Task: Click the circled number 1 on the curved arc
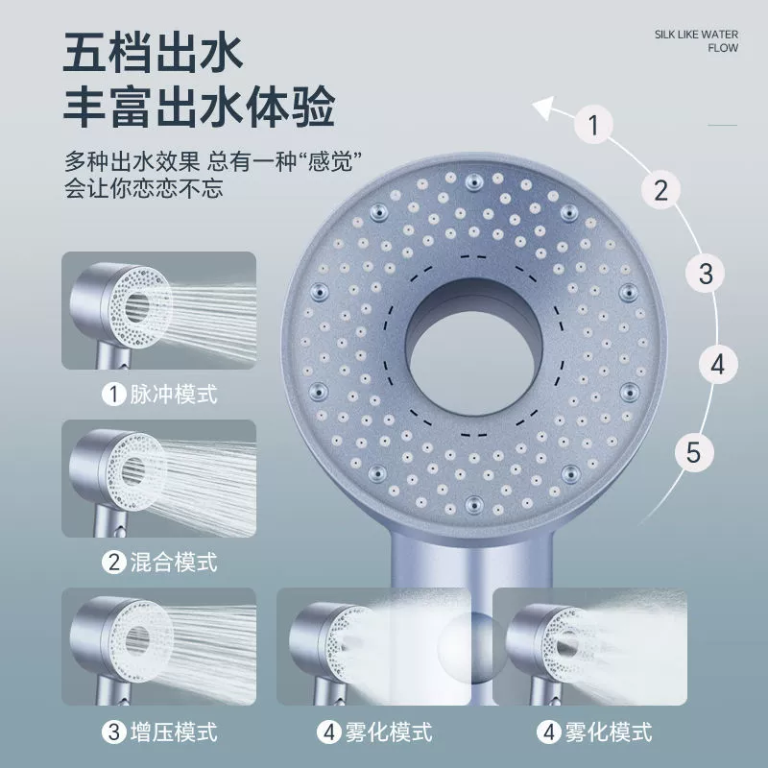[x=593, y=125]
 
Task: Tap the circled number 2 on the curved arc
[x=660, y=189]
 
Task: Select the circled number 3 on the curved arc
[x=705, y=274]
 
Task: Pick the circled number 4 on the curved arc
[x=717, y=365]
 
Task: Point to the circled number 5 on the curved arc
[x=693, y=452]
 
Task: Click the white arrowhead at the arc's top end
[x=542, y=107]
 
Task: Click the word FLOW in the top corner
[x=723, y=48]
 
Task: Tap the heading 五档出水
[x=153, y=53]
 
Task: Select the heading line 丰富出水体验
[x=199, y=107]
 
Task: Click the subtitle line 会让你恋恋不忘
[x=143, y=188]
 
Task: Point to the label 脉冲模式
[x=174, y=395]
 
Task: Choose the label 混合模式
[x=174, y=562]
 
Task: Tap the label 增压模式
[x=174, y=732]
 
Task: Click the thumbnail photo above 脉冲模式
[x=158, y=310]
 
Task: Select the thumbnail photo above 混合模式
[x=158, y=478]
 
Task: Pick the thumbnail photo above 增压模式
[x=158, y=646]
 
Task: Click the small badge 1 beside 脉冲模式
[x=113, y=395]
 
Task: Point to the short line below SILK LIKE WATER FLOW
[x=723, y=125]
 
